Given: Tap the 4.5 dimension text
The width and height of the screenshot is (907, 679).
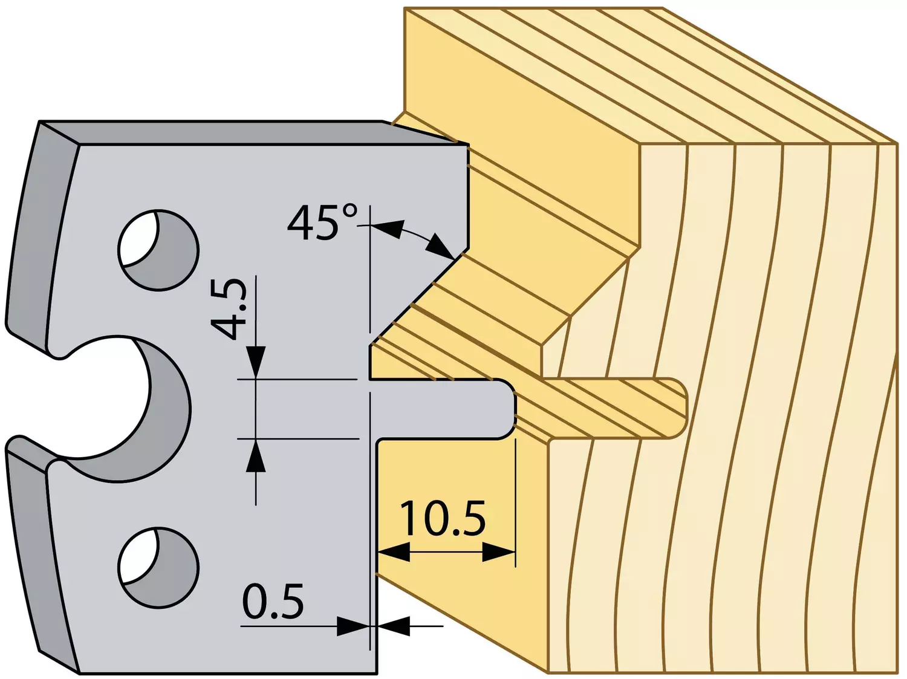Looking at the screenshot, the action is pyautogui.click(x=229, y=308).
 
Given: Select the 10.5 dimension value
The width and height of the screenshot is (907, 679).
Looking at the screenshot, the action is pyautogui.click(x=443, y=518).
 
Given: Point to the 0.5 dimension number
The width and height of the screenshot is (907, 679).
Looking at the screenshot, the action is pyautogui.click(x=273, y=600).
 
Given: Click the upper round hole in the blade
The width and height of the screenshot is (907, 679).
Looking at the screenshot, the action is pyautogui.click(x=158, y=250).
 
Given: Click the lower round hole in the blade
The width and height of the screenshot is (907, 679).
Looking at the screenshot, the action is pyautogui.click(x=158, y=568).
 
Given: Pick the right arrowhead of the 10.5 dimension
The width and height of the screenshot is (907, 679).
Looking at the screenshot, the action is pyautogui.click(x=499, y=552).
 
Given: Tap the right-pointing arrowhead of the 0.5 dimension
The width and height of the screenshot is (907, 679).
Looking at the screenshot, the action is pyautogui.click(x=353, y=626).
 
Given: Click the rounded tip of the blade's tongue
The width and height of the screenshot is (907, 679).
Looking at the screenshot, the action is pyautogui.click(x=512, y=409).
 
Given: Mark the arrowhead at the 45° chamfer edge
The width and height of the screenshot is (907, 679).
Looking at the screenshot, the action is pyautogui.click(x=441, y=247).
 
